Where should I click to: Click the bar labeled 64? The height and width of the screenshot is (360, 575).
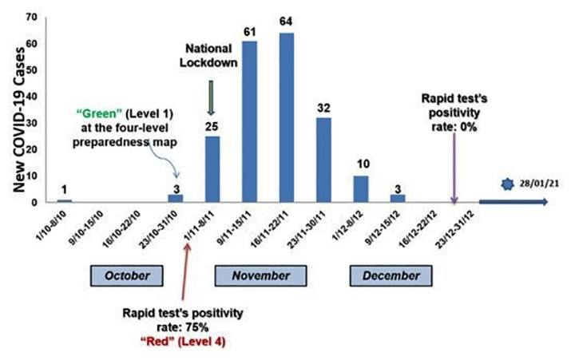[286, 117]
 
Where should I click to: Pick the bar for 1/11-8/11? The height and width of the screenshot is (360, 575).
[212, 169]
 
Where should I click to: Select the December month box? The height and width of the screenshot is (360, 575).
[391, 275]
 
